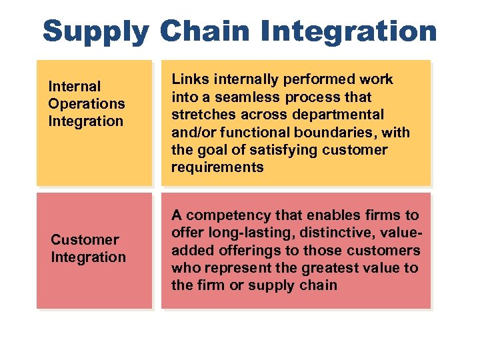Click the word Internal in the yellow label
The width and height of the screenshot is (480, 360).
tap(74, 86)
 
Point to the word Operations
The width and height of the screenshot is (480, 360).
tap(86, 103)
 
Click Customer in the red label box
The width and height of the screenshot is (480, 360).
tap(85, 239)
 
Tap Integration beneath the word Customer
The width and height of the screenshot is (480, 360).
tap(88, 257)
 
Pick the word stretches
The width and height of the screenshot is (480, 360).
tap(201, 115)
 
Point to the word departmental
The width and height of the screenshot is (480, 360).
tap(345, 115)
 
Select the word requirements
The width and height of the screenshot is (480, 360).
tap(217, 167)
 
